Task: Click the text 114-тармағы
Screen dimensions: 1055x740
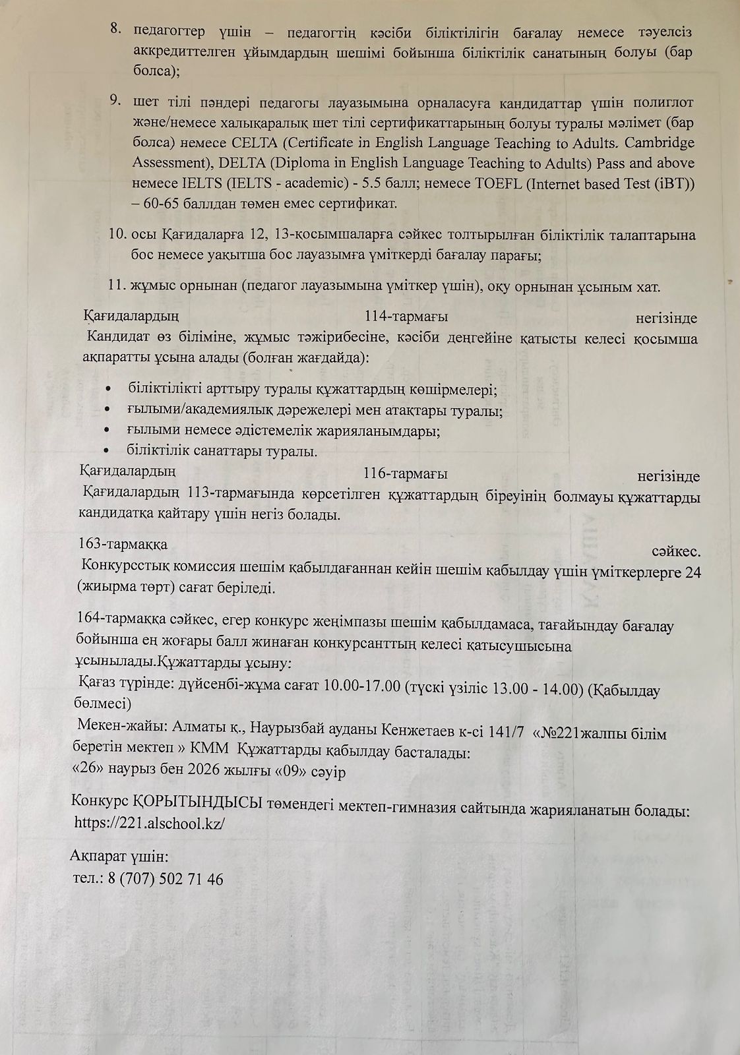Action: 406,317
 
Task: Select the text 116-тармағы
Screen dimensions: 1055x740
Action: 405,474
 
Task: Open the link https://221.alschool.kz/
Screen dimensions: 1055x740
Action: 150,823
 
